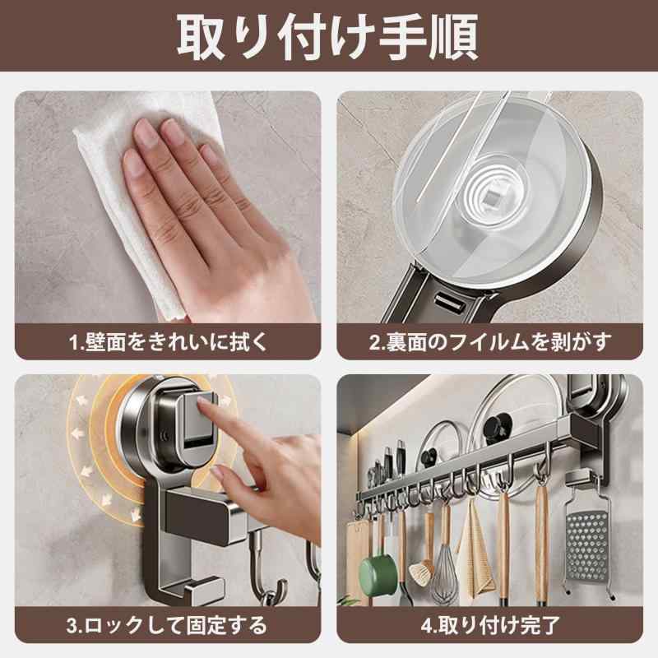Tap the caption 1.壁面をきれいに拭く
click(168, 342)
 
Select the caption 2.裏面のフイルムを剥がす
click(489, 342)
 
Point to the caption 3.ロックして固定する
click(167, 625)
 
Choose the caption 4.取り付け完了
click(490, 625)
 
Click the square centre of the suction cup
click(493, 197)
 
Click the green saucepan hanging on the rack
click(377, 572)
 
